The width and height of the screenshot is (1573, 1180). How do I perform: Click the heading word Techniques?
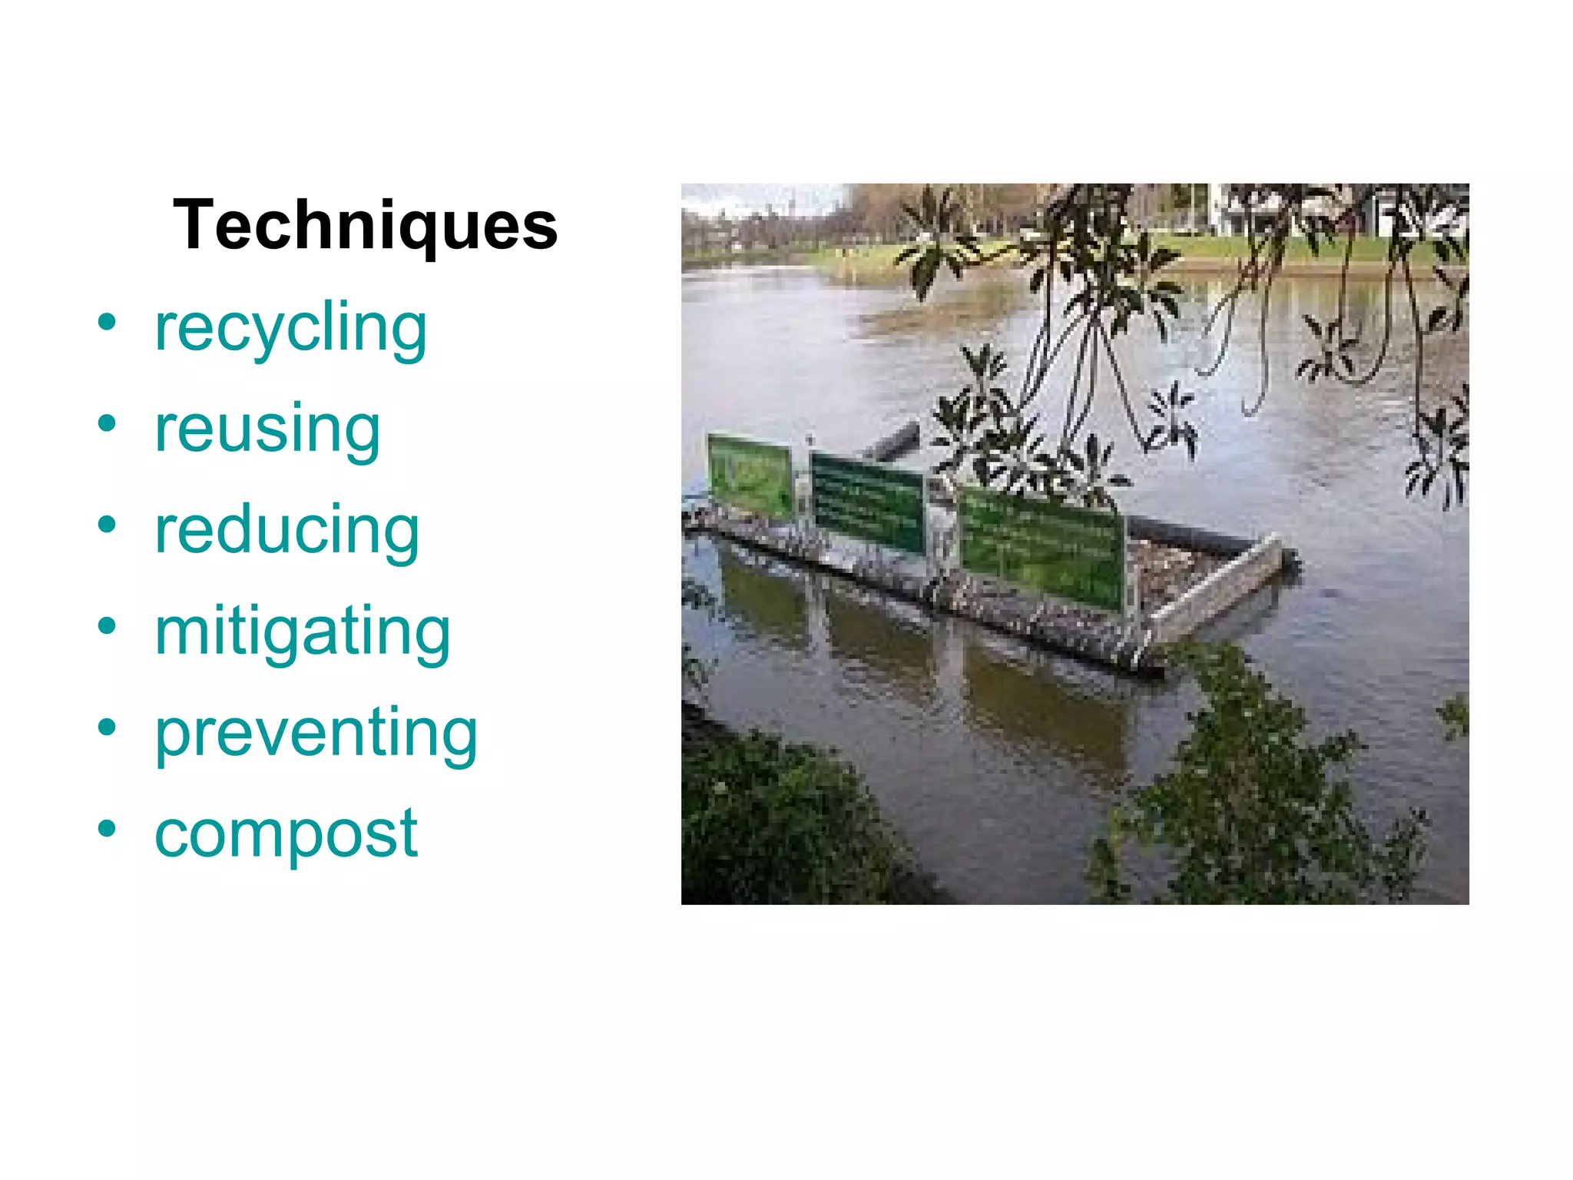pyautogui.click(x=365, y=226)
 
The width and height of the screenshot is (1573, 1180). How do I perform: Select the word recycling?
pyautogui.click(x=290, y=329)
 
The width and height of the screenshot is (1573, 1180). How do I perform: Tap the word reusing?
pyautogui.click(x=267, y=429)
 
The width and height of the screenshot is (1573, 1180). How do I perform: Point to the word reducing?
pyautogui.click(x=286, y=531)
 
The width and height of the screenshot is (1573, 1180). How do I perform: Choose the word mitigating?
pyautogui.click(x=302, y=632)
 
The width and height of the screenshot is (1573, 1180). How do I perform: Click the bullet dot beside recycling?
pyautogui.click(x=107, y=322)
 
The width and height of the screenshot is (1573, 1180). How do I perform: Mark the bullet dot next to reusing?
pyautogui.click(x=107, y=423)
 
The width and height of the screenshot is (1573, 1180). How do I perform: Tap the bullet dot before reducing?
pyautogui.click(x=107, y=525)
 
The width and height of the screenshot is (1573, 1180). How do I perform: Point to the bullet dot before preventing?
pyautogui.click(x=107, y=727)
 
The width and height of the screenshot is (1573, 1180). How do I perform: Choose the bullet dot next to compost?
pyautogui.click(x=107, y=828)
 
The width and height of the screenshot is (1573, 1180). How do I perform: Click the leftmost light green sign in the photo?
pyautogui.click(x=749, y=474)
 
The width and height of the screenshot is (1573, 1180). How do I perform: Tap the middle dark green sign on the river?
pyautogui.click(x=867, y=502)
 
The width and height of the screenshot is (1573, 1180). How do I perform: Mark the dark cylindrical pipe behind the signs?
pyautogui.click(x=895, y=442)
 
